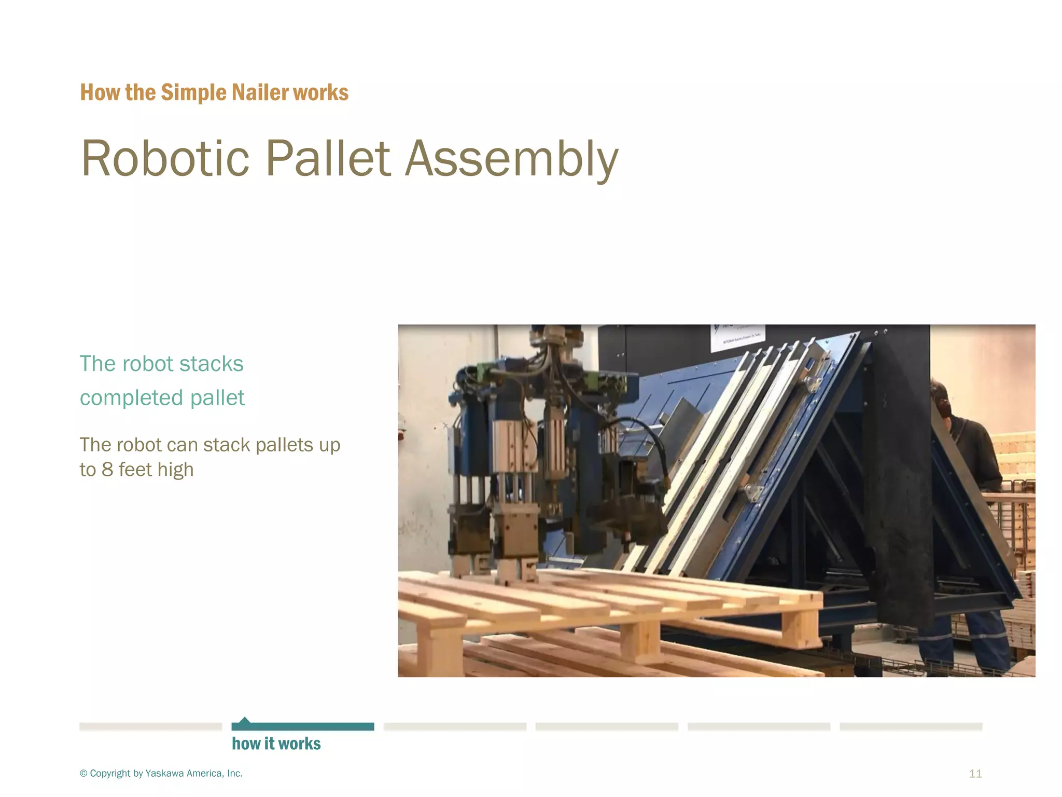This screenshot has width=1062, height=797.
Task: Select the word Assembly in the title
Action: click(x=511, y=158)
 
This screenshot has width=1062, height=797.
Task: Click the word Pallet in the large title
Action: click(x=328, y=158)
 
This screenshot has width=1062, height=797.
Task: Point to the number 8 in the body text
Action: click(x=107, y=470)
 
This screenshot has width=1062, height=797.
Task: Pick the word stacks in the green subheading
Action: click(x=211, y=364)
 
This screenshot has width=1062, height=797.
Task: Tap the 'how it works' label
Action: click(x=276, y=744)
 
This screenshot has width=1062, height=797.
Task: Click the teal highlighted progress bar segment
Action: click(x=303, y=726)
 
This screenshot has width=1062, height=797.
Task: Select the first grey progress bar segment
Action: click(x=150, y=726)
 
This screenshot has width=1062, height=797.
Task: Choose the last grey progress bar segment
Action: click(x=911, y=726)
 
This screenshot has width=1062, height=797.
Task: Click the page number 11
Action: click(x=975, y=774)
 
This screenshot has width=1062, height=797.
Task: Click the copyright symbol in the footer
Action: click(x=83, y=774)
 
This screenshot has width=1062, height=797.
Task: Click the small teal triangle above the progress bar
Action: click(x=245, y=720)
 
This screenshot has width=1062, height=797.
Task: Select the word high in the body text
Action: click(x=175, y=470)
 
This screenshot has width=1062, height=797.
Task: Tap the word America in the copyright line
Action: click(x=204, y=773)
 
